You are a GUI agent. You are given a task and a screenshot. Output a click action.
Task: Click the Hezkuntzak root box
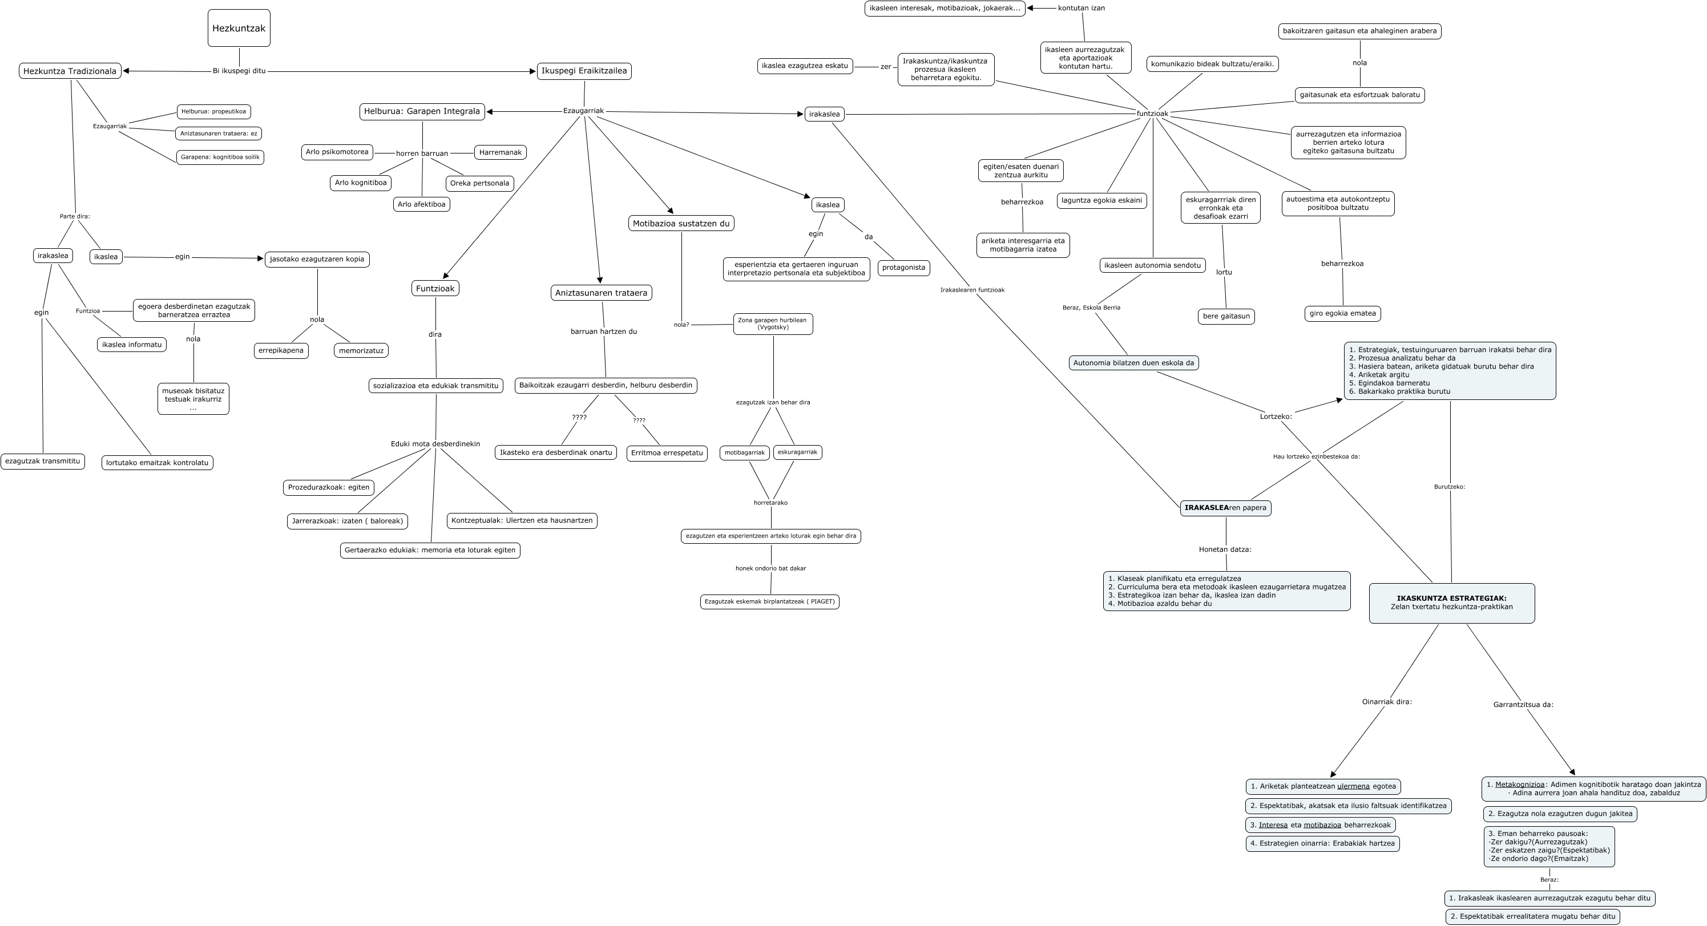239,28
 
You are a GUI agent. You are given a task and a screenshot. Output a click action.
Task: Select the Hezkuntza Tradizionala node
70,71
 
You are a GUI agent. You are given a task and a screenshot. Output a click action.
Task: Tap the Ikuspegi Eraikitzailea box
584,71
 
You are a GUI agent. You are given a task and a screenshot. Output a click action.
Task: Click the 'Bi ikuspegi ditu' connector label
239,71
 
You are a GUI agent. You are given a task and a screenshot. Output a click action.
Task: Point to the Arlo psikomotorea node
337,152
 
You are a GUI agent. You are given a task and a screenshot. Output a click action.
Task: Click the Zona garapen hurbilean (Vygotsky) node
772,324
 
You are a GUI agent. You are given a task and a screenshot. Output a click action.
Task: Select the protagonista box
903,268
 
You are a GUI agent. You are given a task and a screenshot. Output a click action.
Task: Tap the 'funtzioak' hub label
1152,114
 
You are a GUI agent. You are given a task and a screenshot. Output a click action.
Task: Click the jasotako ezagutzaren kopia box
317,259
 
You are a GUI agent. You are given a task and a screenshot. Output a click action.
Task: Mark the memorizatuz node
361,350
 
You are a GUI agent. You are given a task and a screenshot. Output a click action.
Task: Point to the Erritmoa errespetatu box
667,453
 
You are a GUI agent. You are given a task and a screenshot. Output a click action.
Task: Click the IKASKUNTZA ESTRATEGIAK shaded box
1451,602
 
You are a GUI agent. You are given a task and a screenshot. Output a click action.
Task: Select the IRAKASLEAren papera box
1225,508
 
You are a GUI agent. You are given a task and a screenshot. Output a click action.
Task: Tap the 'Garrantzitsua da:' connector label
1523,705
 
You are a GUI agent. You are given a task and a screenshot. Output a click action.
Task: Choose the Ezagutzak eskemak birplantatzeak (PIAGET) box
769,601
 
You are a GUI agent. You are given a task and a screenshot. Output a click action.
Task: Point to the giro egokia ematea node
1342,313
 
